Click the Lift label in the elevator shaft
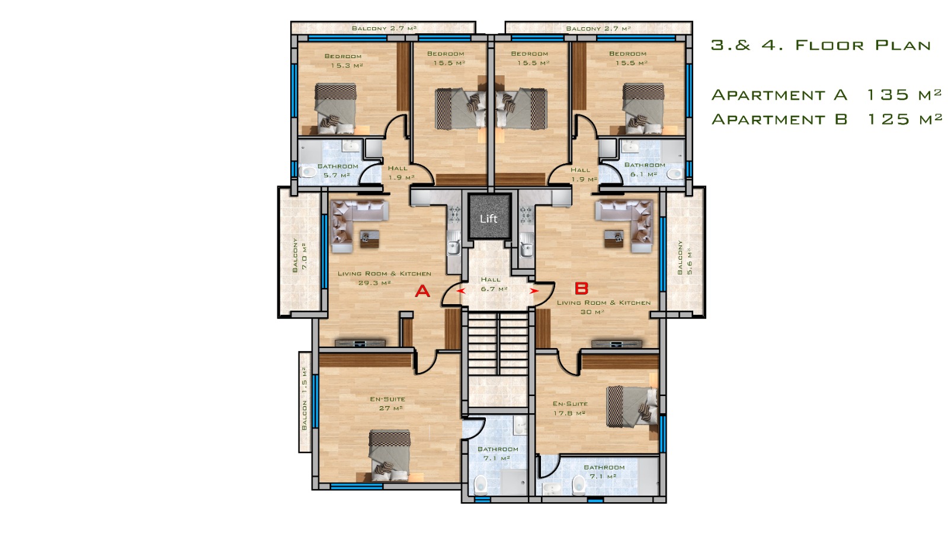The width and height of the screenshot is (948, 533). coord(488,219)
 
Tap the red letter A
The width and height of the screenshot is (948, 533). coord(422,291)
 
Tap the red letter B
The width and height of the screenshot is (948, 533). coord(581,289)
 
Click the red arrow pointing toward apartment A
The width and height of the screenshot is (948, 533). coord(460,291)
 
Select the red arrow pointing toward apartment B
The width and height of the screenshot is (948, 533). coord(534,291)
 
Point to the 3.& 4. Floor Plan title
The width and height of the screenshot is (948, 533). coord(821,45)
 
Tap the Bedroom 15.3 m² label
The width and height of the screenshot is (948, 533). coord(344,61)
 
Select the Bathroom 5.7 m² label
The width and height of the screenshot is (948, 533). coord(338,171)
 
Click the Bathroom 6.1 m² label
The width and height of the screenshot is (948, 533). coord(645,170)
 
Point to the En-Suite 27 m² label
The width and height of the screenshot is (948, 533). coord(387,403)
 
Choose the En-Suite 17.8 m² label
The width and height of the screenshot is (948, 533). coord(570,408)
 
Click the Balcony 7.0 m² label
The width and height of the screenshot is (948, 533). coord(300,255)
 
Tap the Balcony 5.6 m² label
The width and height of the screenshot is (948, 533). coord(684,257)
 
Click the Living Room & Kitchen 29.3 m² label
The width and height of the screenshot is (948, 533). coord(385,278)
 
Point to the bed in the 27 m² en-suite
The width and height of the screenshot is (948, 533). coord(389,456)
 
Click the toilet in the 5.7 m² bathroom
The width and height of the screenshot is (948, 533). coord(308,172)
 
